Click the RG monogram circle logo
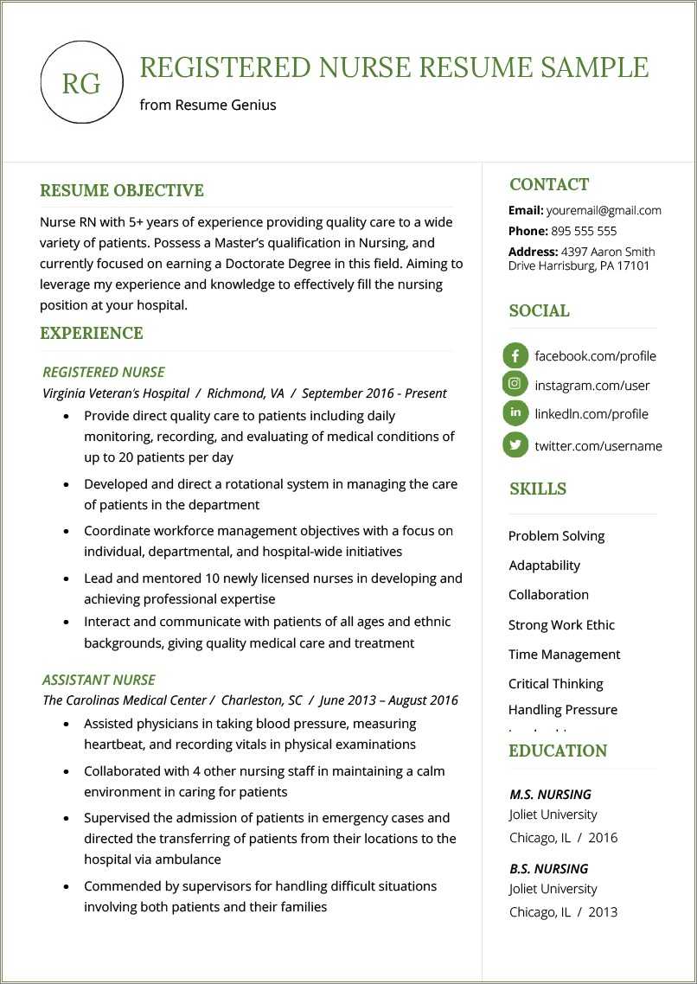[82, 83]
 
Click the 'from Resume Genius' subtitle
[208, 105]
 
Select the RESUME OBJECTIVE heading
[122, 190]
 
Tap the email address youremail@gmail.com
[604, 210]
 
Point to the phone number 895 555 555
[584, 231]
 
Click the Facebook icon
[515, 355]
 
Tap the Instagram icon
[515, 384]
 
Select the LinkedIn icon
[515, 413]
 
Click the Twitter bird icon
[515, 445]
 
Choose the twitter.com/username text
[598, 446]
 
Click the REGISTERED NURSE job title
[104, 372]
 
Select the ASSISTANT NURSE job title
[99, 680]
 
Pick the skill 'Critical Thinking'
[555, 683]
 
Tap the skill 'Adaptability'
[544, 565]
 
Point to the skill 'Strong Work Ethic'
[561, 624]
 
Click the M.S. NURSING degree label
[550, 794]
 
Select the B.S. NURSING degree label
[548, 868]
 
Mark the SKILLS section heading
[538, 489]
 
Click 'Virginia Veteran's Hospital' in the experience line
[116, 393]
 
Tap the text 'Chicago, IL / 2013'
[563, 911]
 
